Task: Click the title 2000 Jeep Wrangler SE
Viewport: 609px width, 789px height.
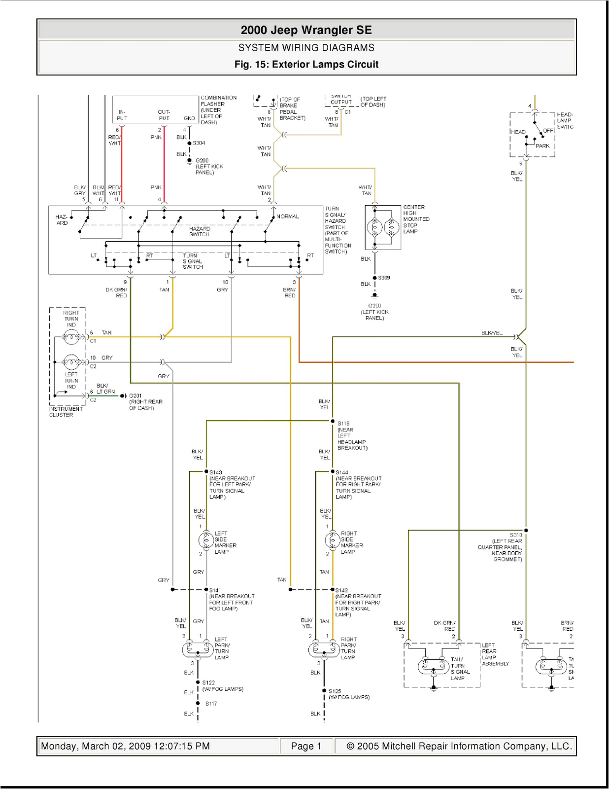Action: pos(306,30)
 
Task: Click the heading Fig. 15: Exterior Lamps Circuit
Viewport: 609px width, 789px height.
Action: pos(306,65)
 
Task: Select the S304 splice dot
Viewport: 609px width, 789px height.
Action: pos(189,143)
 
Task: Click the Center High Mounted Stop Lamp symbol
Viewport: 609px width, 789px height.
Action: pos(383,227)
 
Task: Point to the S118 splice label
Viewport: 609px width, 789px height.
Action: pos(343,423)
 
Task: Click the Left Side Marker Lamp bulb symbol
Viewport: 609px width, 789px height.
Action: pos(205,540)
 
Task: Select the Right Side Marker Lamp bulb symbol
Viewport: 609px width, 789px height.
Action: pos(332,540)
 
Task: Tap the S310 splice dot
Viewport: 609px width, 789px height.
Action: pos(526,531)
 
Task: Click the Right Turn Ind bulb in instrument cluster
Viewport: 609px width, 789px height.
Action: pos(71,338)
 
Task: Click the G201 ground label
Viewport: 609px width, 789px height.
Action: pos(135,395)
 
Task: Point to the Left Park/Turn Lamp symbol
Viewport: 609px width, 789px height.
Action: pos(198,650)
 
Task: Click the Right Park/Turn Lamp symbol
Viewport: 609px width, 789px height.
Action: pos(324,650)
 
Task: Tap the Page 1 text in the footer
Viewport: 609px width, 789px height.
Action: pos(306,746)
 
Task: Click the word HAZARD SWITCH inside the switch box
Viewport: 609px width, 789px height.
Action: pos(200,231)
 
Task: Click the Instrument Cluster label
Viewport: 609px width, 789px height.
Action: pos(66,412)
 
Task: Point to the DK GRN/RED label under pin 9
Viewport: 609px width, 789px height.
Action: pos(116,292)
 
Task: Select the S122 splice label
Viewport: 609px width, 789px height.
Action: pos(208,683)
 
